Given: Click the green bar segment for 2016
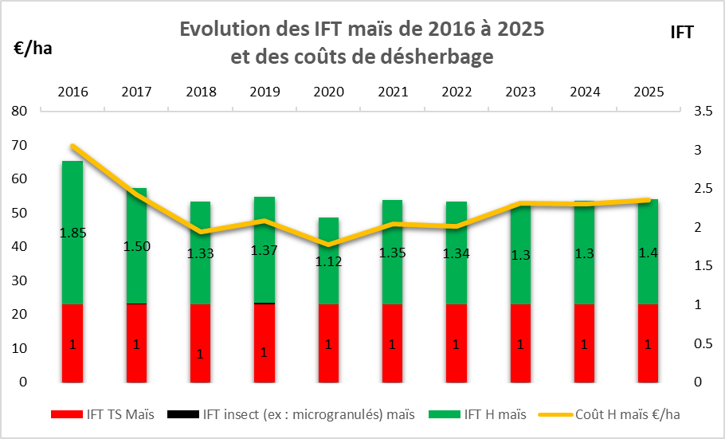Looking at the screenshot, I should pyautogui.click(x=72, y=199).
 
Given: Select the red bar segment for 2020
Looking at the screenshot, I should pyautogui.click(x=327, y=343).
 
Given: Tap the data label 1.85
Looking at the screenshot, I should pyautogui.click(x=72, y=233).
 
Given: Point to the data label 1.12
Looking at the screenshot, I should pyautogui.click(x=327, y=261).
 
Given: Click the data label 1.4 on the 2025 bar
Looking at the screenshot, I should pyautogui.click(x=647, y=253).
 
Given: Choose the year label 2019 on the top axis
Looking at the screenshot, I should pyautogui.click(x=264, y=92).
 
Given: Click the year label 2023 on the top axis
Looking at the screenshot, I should pyautogui.click(x=519, y=92).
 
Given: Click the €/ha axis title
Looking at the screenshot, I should pyautogui.click(x=33, y=48).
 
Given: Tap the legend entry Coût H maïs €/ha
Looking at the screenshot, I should pyautogui.click(x=609, y=414).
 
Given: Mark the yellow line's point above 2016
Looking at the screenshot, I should pyautogui.click(x=72, y=147).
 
